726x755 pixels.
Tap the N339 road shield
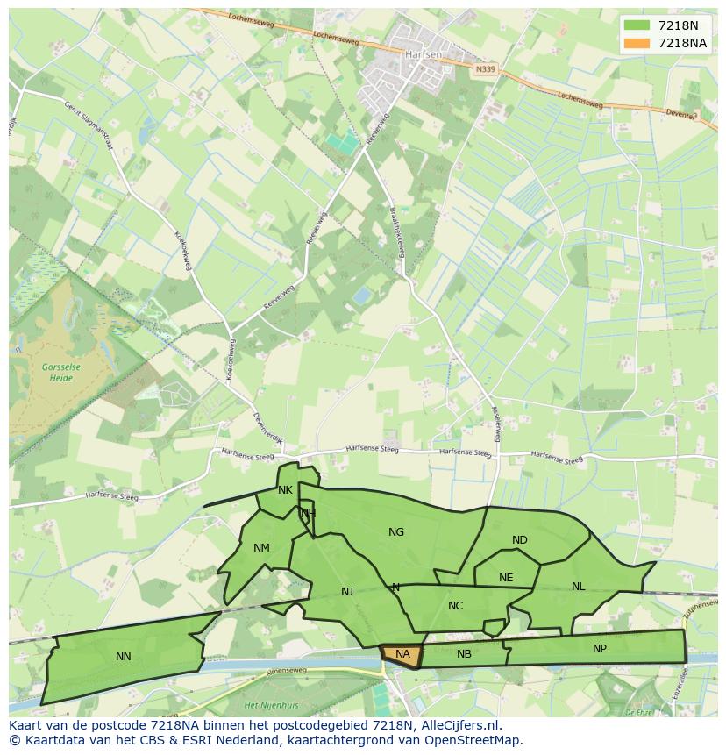485,69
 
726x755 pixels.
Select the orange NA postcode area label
402,654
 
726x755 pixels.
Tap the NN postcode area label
124,656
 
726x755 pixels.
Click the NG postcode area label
396,531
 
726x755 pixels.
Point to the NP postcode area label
600,649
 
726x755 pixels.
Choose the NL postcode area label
578,586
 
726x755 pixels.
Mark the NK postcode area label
285,490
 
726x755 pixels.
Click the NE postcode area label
506,578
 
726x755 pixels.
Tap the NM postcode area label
261,548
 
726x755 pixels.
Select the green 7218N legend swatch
637,25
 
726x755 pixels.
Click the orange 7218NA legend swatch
637,43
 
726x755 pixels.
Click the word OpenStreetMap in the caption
473,740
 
